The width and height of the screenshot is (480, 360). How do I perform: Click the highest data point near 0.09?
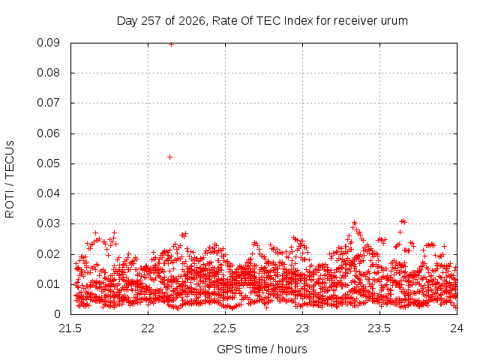[172, 45]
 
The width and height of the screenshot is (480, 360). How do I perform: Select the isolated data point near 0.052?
[170, 157]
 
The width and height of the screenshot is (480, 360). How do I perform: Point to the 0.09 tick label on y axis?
[48, 43]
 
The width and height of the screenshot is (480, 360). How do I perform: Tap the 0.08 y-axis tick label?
[48, 73]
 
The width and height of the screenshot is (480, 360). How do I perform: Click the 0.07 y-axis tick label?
[48, 103]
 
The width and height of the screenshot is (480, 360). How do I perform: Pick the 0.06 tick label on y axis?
[48, 133]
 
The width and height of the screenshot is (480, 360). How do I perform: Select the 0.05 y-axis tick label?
[48, 163]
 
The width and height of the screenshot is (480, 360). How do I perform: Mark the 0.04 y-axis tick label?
[48, 193]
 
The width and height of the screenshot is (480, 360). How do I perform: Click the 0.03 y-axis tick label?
[48, 223]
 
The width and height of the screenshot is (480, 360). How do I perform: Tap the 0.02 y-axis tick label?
[48, 254]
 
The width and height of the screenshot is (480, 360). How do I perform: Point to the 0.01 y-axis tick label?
[48, 284]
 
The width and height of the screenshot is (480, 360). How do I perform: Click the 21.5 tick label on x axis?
[70, 328]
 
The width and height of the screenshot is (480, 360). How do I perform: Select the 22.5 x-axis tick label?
[225, 328]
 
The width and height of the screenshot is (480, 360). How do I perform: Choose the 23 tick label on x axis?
[302, 328]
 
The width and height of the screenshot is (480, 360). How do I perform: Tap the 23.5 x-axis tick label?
[379, 328]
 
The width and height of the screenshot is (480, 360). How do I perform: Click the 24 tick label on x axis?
[457, 328]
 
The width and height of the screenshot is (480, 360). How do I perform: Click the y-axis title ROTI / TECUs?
[10, 179]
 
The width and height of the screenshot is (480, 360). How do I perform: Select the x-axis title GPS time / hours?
[262, 349]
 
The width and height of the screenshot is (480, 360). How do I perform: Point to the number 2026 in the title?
[192, 21]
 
